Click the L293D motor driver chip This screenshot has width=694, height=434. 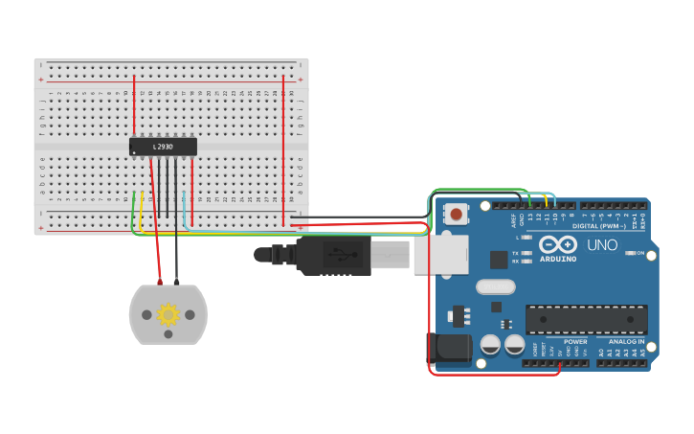(163, 147)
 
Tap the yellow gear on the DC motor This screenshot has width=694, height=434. (168, 314)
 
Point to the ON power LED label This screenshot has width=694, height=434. (639, 253)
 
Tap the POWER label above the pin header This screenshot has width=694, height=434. (575, 342)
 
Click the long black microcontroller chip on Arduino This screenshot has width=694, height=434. (586, 319)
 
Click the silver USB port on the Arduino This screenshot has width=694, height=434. (441, 255)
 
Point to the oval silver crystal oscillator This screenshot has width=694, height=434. (495, 286)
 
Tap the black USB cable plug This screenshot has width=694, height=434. (330, 256)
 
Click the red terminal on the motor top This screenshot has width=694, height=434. (160, 283)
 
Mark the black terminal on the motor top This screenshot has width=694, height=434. (176, 283)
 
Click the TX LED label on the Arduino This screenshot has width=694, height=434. (515, 252)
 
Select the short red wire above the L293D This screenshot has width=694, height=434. (134, 105)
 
